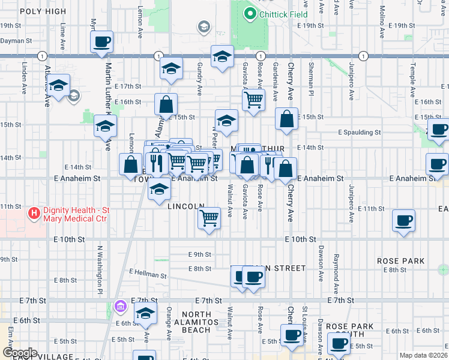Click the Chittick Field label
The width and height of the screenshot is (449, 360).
[283, 14]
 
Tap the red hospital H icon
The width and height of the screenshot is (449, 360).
[34, 213]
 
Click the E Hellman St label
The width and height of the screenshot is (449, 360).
[147, 274]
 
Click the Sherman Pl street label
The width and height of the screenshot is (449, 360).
[311, 75]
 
